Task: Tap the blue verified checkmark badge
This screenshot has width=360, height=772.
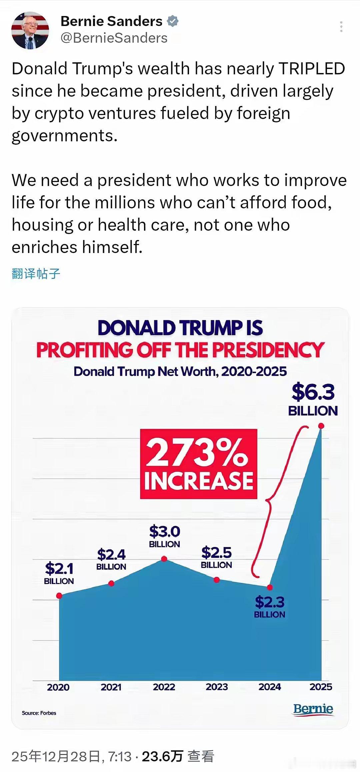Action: coord(173,21)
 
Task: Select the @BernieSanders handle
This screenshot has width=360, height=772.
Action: coord(114,38)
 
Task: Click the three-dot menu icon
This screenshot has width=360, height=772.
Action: coord(341,27)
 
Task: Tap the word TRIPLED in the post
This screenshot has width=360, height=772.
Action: coord(312,69)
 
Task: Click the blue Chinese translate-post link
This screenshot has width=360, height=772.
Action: coord(36,274)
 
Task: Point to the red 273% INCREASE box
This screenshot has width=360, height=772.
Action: coord(199,464)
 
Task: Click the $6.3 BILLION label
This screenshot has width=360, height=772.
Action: coord(313,399)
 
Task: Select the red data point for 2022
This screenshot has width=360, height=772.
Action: coord(164,559)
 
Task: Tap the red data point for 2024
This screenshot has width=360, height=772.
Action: coord(270,587)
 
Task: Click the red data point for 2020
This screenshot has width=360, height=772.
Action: coord(59,596)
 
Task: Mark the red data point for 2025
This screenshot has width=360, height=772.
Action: coord(321,426)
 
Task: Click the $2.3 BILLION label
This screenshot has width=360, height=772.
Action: coord(270,607)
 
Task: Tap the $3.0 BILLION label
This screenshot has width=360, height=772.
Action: coord(164,536)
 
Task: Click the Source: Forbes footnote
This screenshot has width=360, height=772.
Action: coord(39,713)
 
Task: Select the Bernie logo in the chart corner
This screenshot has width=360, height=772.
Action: coord(313,709)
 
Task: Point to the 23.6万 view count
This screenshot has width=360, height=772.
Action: coord(162,757)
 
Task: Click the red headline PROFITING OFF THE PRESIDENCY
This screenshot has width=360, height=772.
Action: coord(180,350)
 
